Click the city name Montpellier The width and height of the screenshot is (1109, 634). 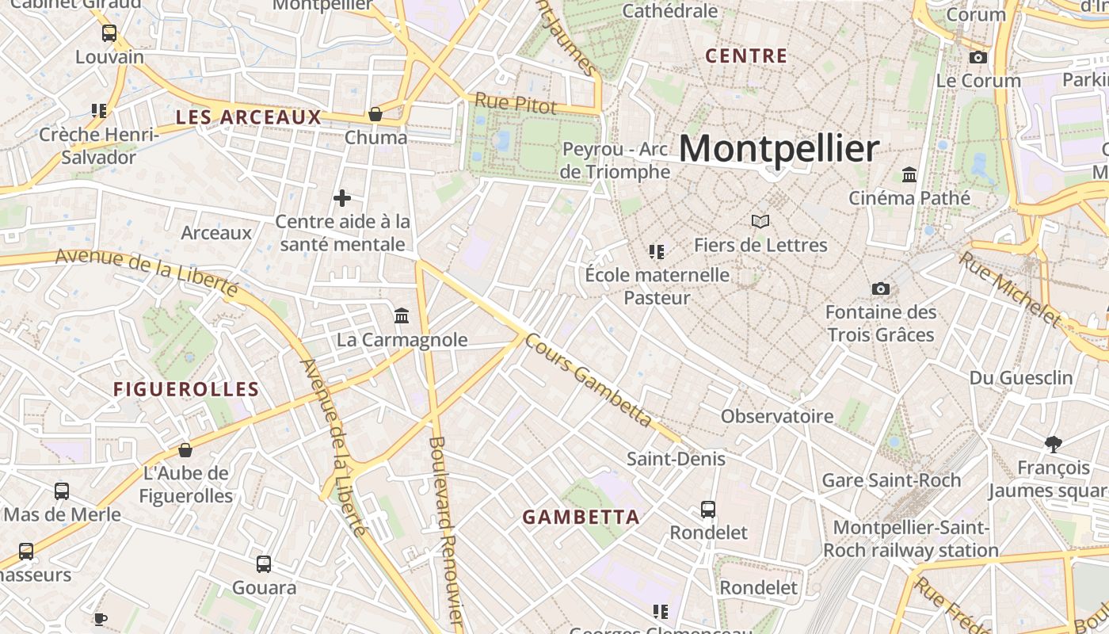pos(779,149)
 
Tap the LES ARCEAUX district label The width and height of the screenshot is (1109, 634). pos(249,117)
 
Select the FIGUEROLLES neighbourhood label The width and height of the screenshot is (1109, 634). pos(186,389)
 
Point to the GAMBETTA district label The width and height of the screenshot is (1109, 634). pos(581,518)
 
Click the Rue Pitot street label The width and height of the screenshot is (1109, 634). pos(515,103)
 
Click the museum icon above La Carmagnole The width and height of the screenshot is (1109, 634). pos(402,316)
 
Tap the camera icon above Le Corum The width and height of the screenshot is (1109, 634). pos(978,57)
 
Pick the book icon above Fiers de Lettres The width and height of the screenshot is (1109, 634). pos(760,221)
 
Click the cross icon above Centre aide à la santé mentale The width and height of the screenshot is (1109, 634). pos(342,197)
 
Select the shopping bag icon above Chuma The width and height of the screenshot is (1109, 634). pos(375,114)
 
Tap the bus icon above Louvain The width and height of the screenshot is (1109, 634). pos(109,33)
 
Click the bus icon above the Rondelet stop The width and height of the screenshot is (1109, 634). pos(708,509)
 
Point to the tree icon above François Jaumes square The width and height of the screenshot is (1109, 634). pos(1053,444)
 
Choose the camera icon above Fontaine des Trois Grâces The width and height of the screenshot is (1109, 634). pos(880,288)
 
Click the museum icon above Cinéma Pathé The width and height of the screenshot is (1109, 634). pos(909,174)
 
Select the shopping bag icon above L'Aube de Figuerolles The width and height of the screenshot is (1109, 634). pos(185,450)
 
